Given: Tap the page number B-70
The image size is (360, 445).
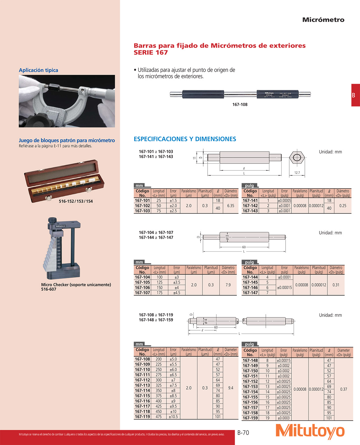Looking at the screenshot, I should click(x=243, y=432).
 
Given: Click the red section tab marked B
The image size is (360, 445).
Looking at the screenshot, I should click(x=355, y=95).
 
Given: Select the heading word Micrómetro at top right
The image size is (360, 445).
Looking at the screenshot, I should click(x=323, y=20).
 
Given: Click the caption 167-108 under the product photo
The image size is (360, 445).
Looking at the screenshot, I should click(x=240, y=105).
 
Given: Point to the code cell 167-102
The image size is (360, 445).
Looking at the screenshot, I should click(x=142, y=206).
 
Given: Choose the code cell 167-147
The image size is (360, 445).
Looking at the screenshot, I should click(x=250, y=293).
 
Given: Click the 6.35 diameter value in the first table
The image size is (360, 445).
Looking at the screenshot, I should click(x=230, y=206).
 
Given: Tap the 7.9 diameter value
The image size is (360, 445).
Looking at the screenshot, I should click(x=228, y=285).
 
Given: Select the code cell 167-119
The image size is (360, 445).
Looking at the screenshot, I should click(x=142, y=417).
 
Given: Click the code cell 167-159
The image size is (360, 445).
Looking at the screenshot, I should click(x=250, y=418).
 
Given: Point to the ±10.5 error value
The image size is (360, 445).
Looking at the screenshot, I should click(x=173, y=417).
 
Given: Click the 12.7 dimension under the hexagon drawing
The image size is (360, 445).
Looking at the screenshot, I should click(x=297, y=173).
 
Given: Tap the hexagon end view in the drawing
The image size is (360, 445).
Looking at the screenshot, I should click(x=297, y=158).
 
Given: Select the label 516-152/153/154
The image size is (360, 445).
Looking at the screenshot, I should click(x=76, y=201).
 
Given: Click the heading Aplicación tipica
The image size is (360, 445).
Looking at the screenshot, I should click(x=38, y=70).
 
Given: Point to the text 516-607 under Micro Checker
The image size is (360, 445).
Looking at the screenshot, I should click(x=49, y=289).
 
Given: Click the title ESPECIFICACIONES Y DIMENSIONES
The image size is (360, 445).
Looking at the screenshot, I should click(x=185, y=139).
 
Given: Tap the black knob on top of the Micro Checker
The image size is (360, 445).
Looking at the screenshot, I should click(x=52, y=220).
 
